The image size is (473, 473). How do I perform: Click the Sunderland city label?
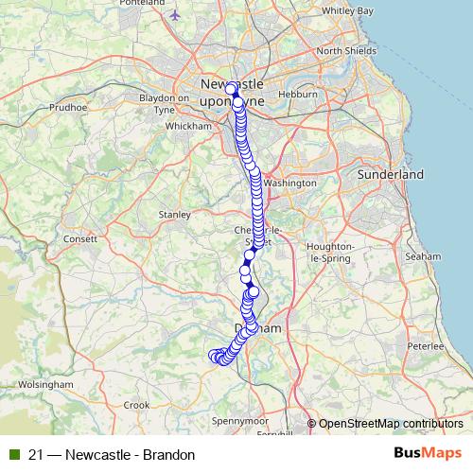coord(391,175)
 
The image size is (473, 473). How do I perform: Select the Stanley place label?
coord(174,215)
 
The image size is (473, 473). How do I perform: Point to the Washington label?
coord(289,183)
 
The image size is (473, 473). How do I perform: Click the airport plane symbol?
coord(176,15)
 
